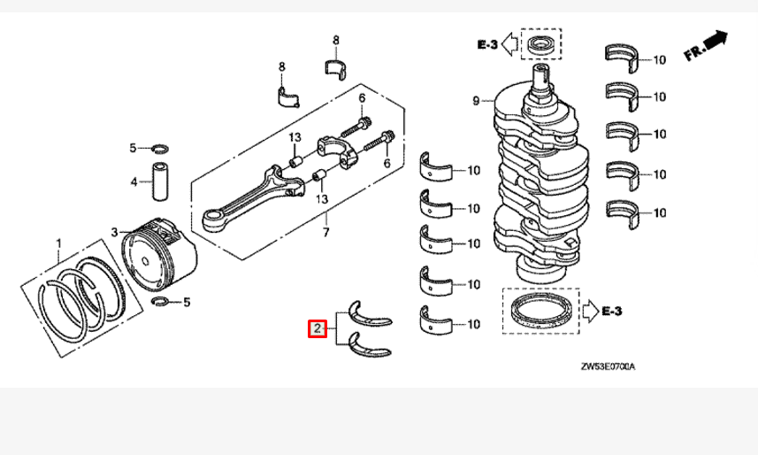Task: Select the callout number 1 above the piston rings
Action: click(58, 242)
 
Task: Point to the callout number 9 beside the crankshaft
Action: click(476, 102)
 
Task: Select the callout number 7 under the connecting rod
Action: click(325, 232)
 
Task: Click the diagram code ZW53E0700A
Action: click(609, 366)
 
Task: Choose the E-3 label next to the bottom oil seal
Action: click(612, 311)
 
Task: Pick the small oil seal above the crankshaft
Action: click(540, 43)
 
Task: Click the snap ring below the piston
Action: click(162, 303)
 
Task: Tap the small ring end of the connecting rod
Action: click(215, 217)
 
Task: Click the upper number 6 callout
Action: click(362, 97)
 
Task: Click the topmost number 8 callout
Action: click(335, 41)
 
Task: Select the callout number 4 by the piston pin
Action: click(134, 182)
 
